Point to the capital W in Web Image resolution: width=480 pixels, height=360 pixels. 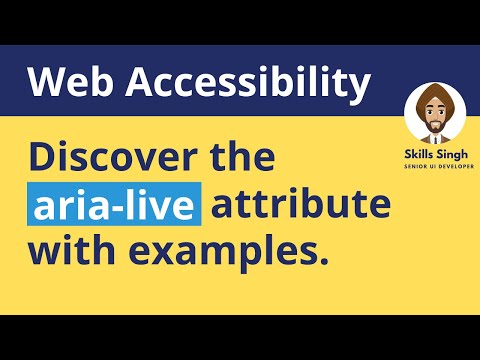[45, 83]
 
